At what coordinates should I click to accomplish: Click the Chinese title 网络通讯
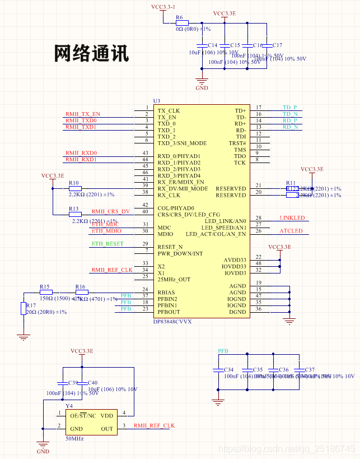[92, 53]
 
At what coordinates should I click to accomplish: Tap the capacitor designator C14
[212, 45]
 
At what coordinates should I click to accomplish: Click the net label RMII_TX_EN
[82, 114]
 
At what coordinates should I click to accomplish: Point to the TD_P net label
[289, 107]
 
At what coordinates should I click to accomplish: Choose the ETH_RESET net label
[107, 244]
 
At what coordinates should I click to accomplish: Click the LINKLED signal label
[292, 217]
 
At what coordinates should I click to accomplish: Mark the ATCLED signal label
[291, 231]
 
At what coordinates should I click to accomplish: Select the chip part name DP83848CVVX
[172, 322]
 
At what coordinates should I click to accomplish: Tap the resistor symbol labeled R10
[74, 189]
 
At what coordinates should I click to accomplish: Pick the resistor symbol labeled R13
[74, 214]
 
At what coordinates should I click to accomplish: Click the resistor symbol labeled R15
[45, 292]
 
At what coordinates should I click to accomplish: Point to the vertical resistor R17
[23, 309]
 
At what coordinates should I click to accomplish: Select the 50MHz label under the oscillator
[74, 438]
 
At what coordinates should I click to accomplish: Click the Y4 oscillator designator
[69, 406]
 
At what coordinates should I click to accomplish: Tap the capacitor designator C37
[310, 370]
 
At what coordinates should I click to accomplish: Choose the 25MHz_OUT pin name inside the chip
[174, 279]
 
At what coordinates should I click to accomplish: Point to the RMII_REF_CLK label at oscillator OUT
[154, 425]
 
